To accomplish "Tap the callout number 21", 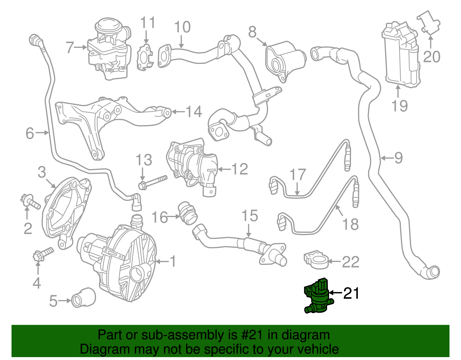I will [x=351, y=293].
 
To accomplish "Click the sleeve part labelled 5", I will [x=84, y=297].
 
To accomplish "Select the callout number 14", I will [x=193, y=112].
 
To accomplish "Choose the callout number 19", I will [x=400, y=105].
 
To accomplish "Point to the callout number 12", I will [x=239, y=169].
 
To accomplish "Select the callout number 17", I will [x=297, y=175].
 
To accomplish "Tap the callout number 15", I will [x=250, y=216].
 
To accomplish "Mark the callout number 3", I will [x=42, y=172].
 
